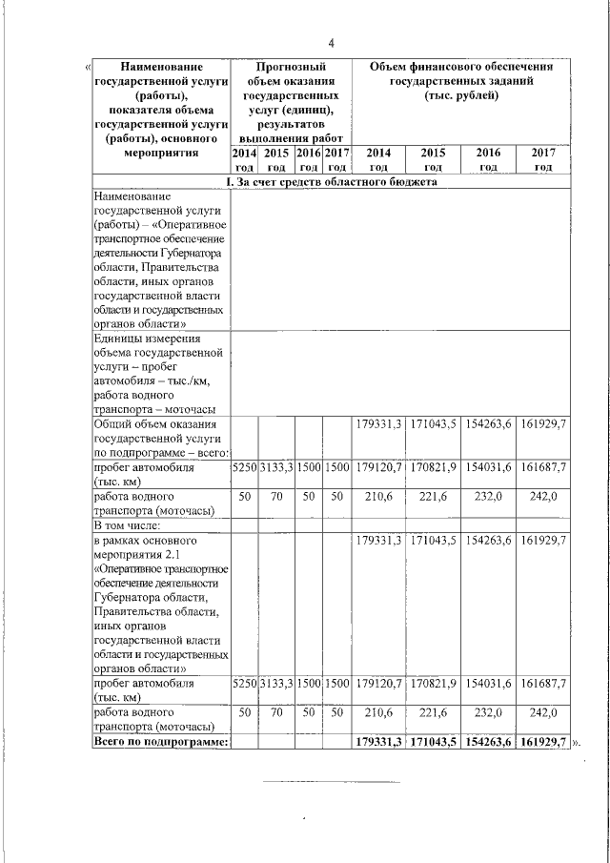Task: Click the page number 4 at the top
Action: (x=332, y=44)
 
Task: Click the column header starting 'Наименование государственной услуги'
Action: (x=161, y=109)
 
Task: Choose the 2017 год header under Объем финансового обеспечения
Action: (x=543, y=159)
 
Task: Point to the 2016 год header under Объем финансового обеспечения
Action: (x=489, y=159)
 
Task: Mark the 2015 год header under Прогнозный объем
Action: (x=276, y=159)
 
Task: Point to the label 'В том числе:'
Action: (x=128, y=524)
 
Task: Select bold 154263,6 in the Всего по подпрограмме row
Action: (x=489, y=741)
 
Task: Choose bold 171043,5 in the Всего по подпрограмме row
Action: (x=434, y=741)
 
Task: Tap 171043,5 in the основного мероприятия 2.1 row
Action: (x=434, y=541)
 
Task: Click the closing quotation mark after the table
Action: (x=577, y=742)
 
